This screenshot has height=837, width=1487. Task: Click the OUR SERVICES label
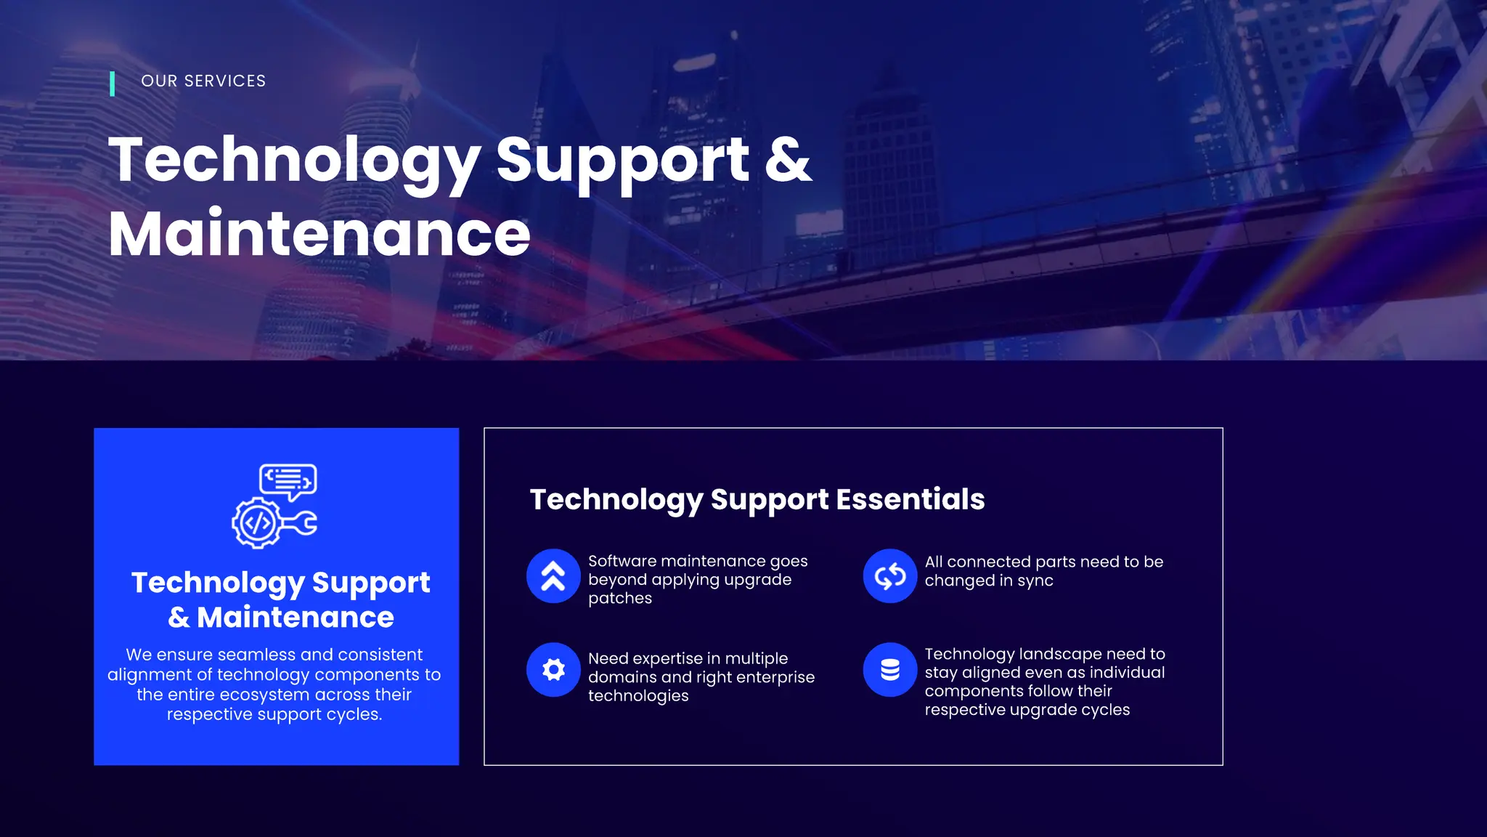pyautogui.click(x=203, y=81)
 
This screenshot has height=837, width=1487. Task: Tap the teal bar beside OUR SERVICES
pyautogui.click(x=112, y=84)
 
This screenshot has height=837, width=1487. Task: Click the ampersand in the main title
pyautogui.click(x=788, y=159)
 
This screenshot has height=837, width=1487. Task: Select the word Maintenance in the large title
pyautogui.click(x=319, y=233)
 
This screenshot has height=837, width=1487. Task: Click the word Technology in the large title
pyautogui.click(x=294, y=161)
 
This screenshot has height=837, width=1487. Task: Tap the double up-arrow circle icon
pyautogui.click(x=553, y=576)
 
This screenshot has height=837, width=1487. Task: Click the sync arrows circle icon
pyautogui.click(x=889, y=576)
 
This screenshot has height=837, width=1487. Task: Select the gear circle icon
pyautogui.click(x=553, y=670)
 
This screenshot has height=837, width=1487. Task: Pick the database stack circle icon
pyautogui.click(x=889, y=670)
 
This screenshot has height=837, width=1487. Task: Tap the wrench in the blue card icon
pyautogui.click(x=300, y=524)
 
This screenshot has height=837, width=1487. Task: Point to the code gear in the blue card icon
pyautogui.click(x=256, y=522)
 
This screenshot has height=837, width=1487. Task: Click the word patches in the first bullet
pyautogui.click(x=620, y=599)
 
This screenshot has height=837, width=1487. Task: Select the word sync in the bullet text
pyautogui.click(x=1035, y=581)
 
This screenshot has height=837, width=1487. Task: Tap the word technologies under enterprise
pyautogui.click(x=638, y=696)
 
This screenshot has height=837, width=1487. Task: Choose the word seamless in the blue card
pyautogui.click(x=257, y=655)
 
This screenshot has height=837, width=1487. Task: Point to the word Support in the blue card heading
pyautogui.click(x=371, y=583)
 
